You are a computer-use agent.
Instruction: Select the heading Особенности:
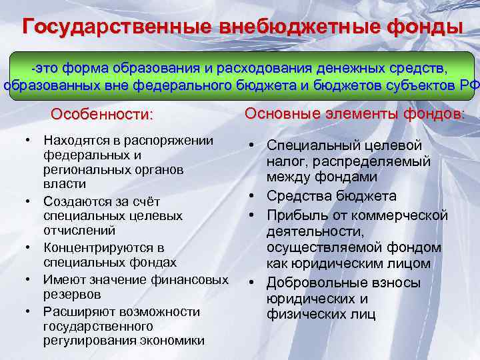point(102,114)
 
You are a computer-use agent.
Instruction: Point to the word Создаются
point(73,201)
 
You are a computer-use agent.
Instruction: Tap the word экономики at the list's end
point(173,340)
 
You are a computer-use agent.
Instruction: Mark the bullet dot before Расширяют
point(30,311)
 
